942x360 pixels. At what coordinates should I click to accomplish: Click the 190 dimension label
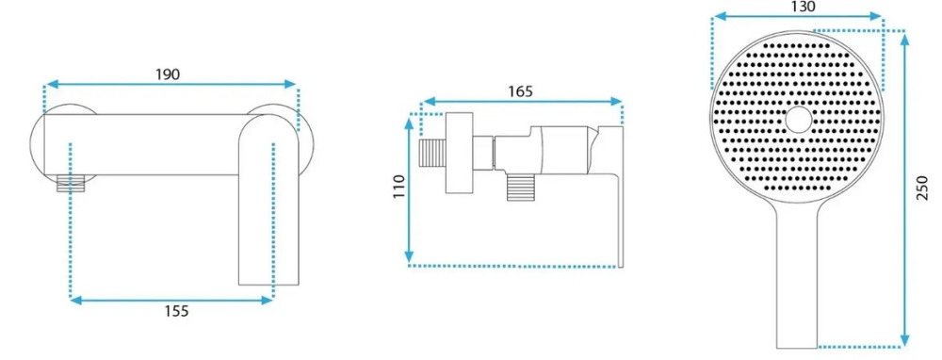(169, 74)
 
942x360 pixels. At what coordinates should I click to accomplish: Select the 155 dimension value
(177, 311)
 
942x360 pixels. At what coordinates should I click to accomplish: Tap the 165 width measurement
(520, 91)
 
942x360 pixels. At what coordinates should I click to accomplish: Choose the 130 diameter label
(803, 7)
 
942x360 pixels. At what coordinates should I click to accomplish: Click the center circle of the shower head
(798, 120)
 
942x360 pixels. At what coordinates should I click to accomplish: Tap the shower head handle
(797, 275)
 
